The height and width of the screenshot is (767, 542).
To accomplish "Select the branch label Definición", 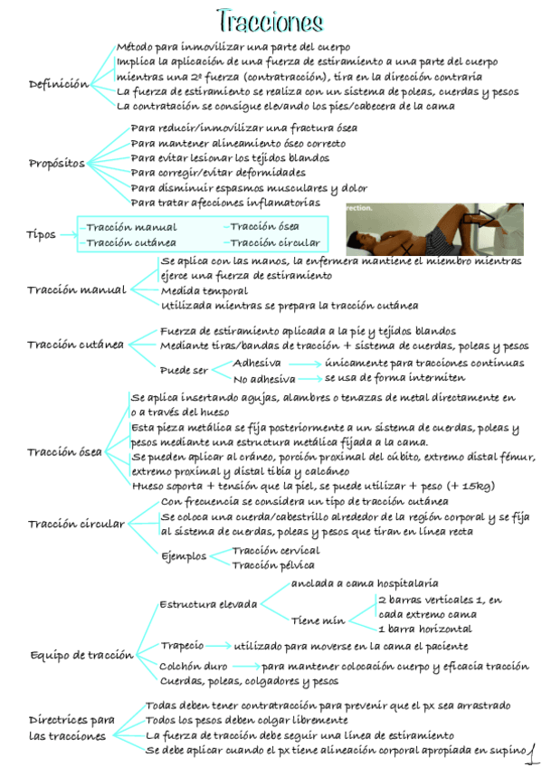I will coord(59,84).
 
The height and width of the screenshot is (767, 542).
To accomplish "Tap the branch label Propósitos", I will coord(57,164).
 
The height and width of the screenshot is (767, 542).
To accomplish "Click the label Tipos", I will coord(41,235).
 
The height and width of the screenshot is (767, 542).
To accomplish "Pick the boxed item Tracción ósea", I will coord(264,226).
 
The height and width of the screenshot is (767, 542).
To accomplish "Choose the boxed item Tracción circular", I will coord(274,242).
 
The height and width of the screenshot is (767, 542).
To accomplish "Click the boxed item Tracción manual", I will coord(131,227).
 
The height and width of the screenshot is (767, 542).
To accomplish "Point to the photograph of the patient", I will coord(434,227).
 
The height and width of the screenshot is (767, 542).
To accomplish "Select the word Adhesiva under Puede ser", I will coord(257,363).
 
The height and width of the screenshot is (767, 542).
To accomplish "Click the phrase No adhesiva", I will coord(264,379).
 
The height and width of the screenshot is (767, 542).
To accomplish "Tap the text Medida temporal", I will coord(204,291).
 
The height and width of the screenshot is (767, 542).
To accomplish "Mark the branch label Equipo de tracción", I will coord(81,655).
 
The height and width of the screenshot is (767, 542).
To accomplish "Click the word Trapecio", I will coord(182,646).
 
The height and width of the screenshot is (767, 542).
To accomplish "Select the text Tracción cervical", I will coord(275,550).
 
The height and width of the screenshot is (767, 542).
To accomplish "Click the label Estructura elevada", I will coord(208,604).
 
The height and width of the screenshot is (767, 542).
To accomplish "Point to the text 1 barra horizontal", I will coord(424,629).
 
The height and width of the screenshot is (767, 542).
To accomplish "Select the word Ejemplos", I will coord(184,556).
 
